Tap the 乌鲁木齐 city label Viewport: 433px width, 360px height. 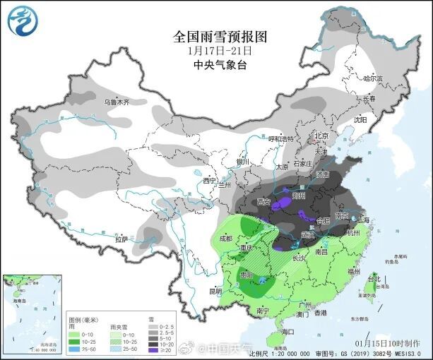point(117,102)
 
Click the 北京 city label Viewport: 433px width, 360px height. point(321,136)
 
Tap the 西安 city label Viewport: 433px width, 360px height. point(264,202)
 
